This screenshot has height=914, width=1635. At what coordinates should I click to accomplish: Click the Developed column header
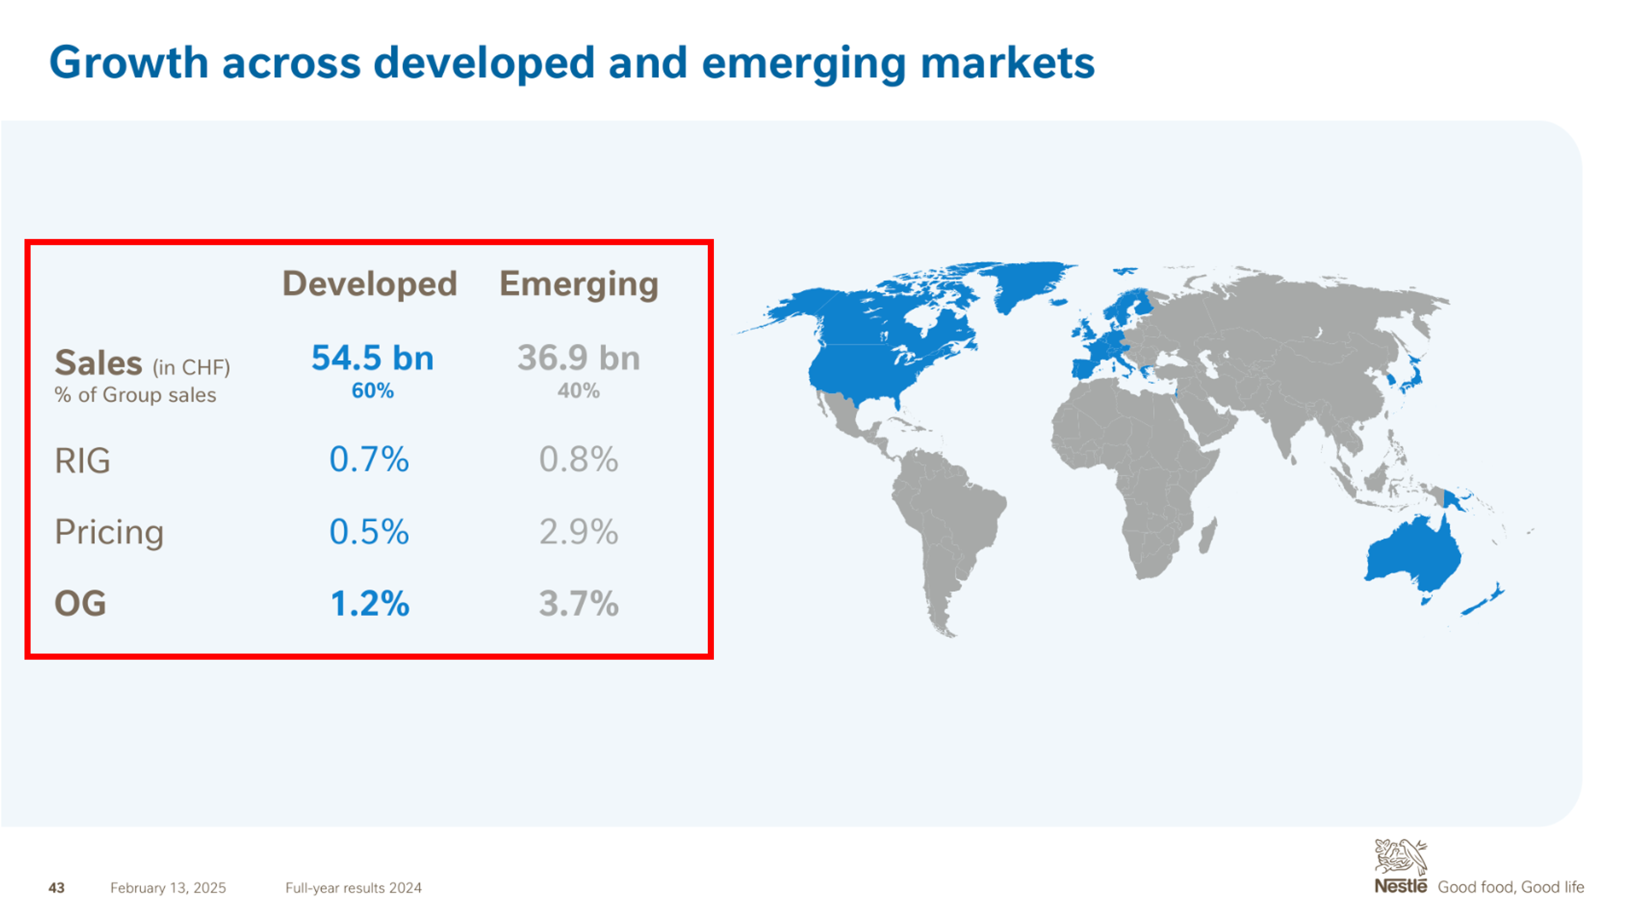click(x=369, y=284)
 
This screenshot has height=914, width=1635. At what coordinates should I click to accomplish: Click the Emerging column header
click(x=579, y=284)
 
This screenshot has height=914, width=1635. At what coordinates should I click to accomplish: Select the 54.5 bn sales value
click(x=372, y=358)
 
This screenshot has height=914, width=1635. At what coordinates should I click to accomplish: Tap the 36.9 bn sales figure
click(x=579, y=358)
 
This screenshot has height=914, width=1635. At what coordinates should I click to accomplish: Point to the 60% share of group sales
click(x=372, y=391)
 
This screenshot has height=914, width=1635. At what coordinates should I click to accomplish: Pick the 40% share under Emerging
click(x=579, y=391)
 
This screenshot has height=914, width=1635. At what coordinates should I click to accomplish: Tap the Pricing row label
click(x=109, y=532)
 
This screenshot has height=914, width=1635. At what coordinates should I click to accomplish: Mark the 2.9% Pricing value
click(x=579, y=532)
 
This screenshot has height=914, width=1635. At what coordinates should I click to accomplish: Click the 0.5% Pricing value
click(x=369, y=532)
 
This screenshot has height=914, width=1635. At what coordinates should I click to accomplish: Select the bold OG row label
click(x=80, y=603)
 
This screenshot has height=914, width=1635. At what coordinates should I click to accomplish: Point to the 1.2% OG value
click(x=370, y=604)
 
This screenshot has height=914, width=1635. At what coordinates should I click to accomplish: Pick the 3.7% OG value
click(x=579, y=604)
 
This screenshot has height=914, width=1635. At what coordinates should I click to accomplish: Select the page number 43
click(x=56, y=888)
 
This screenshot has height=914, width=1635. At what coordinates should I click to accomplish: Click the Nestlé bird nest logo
click(x=1400, y=857)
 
